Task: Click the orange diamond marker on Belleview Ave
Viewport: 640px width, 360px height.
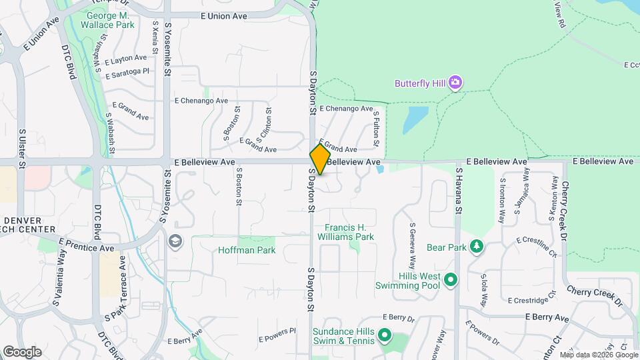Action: (x=320, y=159)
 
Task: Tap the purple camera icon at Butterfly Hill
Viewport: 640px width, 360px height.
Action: (x=456, y=83)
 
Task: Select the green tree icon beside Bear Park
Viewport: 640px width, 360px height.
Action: (x=476, y=247)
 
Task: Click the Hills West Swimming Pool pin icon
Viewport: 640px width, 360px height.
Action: (x=450, y=280)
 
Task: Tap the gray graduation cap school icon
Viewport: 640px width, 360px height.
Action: (x=175, y=241)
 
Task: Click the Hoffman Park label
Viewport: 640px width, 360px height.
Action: (x=247, y=251)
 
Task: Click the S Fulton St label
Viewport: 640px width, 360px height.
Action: (x=376, y=129)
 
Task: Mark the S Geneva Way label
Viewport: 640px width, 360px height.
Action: (x=413, y=241)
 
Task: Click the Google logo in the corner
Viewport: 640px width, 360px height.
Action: (x=22, y=351)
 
